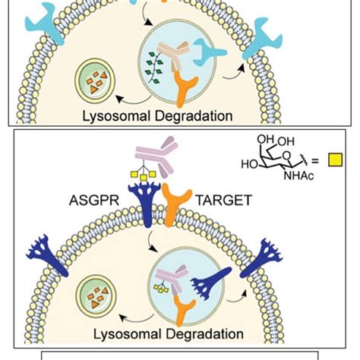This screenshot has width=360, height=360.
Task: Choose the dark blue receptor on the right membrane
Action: click(323, 251)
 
